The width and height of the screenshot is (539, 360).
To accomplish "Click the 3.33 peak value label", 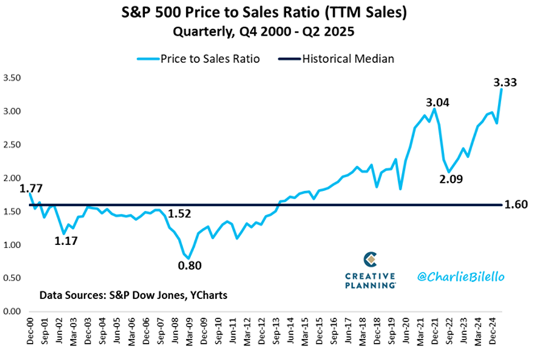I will (504, 82).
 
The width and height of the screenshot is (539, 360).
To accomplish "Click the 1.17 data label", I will (67, 241).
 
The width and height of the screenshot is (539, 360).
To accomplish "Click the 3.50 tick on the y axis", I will (12, 78).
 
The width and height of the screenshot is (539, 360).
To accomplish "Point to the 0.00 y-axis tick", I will (12, 311).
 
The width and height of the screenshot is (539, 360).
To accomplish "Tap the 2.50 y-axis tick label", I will (12, 145).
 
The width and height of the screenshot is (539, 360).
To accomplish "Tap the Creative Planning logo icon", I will (370, 260).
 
